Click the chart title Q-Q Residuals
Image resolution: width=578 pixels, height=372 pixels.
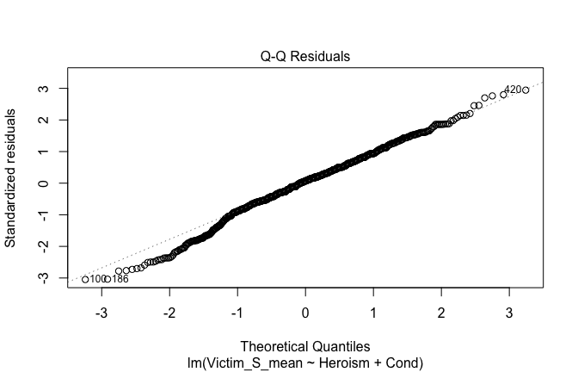click(x=305, y=57)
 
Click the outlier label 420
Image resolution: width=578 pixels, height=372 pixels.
click(x=512, y=90)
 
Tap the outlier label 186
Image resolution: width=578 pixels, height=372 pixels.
click(x=120, y=279)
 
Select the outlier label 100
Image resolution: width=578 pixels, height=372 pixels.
click(x=98, y=279)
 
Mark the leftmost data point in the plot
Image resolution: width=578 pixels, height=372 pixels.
click(x=85, y=279)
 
